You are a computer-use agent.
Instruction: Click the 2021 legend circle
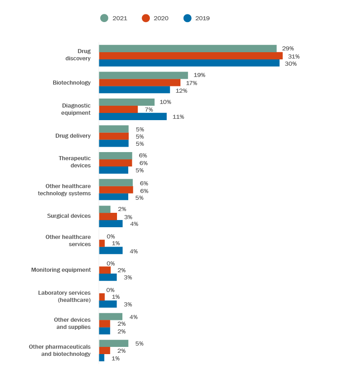[x=104, y=18]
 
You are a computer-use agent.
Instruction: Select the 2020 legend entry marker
[x=146, y=18]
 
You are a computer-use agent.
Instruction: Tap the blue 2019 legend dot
[x=187, y=18]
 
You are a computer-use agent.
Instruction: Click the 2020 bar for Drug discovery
[x=191, y=56]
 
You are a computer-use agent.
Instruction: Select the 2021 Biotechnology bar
[x=144, y=75]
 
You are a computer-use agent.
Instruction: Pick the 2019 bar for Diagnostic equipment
[x=133, y=117]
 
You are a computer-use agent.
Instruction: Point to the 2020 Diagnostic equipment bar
[x=118, y=109]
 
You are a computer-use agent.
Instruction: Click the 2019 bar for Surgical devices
[x=111, y=224]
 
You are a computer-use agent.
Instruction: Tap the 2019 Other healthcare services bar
[x=111, y=251]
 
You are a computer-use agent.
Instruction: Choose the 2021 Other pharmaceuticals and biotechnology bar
[x=113, y=343]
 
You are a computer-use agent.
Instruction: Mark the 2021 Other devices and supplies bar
[x=111, y=317]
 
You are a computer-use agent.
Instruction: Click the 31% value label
[x=294, y=56]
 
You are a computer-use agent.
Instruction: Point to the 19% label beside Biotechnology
[x=199, y=75]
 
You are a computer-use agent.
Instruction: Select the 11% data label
[x=178, y=117]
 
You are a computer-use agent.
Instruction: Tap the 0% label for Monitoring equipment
[x=111, y=263]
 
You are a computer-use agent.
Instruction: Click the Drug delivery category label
[x=73, y=136]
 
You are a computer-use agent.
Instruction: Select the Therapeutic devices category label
[x=74, y=162]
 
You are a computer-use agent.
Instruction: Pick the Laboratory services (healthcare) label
[x=64, y=296]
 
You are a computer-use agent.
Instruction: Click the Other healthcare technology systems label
[x=64, y=189]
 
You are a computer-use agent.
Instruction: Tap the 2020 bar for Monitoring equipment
[x=105, y=270]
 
